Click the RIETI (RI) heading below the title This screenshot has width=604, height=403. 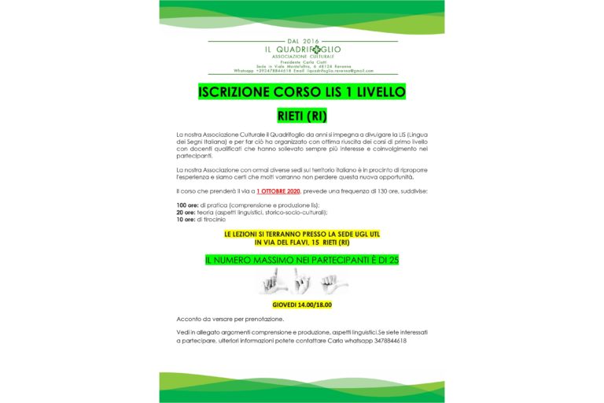coord(302,116)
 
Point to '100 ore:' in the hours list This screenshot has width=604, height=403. coord(188,205)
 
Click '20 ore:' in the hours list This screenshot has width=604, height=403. coord(186,213)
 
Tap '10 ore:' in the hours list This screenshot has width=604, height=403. coord(186,220)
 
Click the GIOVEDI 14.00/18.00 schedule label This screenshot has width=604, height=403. coord(302,304)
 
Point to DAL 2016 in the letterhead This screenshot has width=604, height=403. coord(302,40)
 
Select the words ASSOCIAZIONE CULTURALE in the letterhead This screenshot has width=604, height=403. coord(302,57)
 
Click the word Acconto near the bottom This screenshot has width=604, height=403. coord(188,319)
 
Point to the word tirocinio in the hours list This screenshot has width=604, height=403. coord(215,220)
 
